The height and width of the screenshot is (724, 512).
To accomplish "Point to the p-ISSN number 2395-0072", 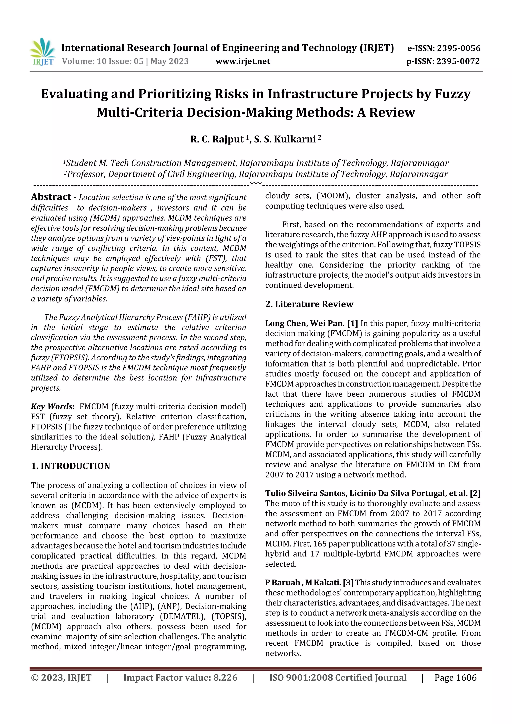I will tap(458, 61).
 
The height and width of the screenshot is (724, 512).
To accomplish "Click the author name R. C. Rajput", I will tap(217, 139).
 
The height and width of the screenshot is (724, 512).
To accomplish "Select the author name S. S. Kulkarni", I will tap(285, 139).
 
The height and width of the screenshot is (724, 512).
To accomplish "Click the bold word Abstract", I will tap(51, 197).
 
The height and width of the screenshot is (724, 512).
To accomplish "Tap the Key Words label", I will tap(52, 406).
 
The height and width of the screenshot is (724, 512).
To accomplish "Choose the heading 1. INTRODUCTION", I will tap(71, 466).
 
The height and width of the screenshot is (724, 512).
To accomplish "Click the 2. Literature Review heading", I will tap(309, 304).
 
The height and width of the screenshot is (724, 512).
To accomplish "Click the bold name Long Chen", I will tap(285, 324).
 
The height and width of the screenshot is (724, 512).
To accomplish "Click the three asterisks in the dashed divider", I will tap(255, 184).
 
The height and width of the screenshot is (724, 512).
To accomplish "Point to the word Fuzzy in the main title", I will tap(453, 94).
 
